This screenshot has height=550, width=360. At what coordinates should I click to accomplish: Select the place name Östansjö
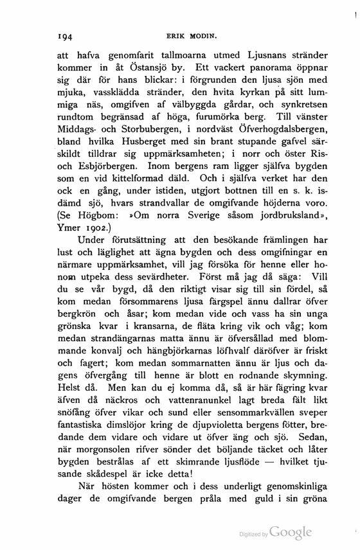tap(155, 69)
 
